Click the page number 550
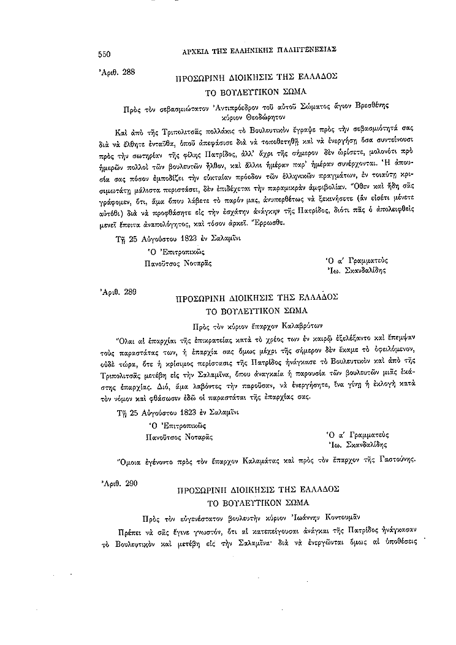pos(108,54)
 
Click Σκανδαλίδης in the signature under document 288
pos(359,268)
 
